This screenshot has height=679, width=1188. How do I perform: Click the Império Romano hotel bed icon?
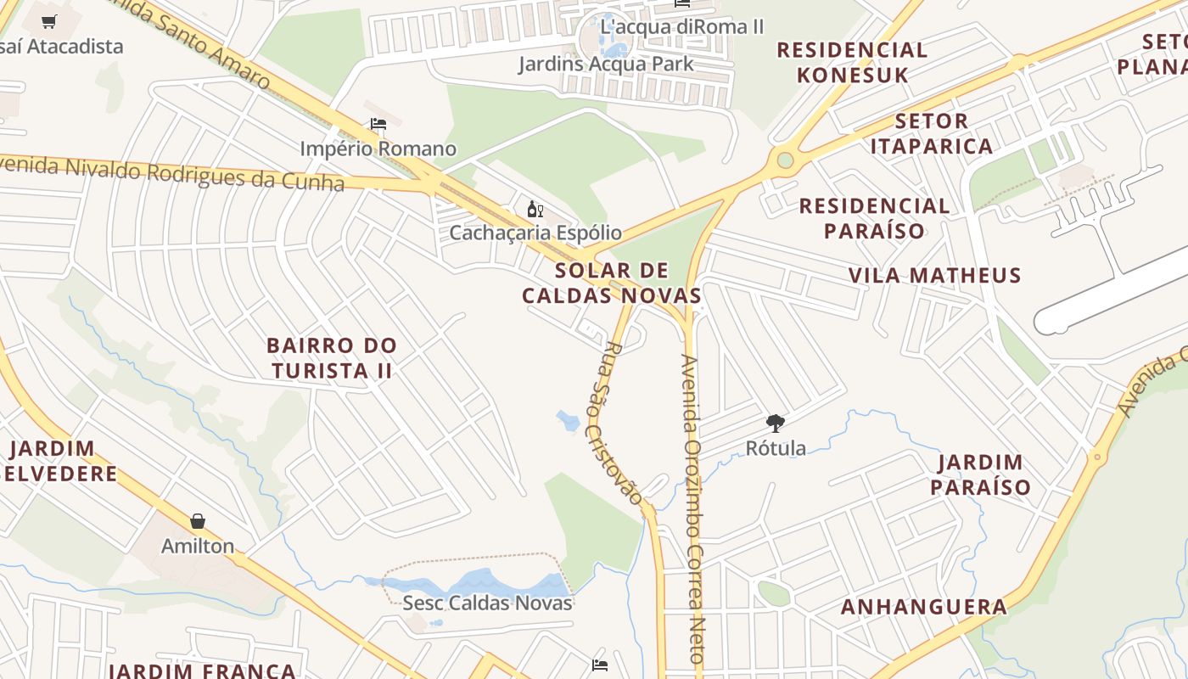click(378, 125)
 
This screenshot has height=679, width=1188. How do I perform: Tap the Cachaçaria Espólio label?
click(535, 233)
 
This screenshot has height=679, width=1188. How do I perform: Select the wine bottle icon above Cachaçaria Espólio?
click(535, 209)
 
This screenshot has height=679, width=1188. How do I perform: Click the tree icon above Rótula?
click(775, 423)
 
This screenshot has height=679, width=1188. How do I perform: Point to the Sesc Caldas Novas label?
click(487, 603)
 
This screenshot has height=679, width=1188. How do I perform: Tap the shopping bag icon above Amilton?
click(198, 521)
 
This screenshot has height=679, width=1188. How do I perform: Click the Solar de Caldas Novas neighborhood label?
click(611, 283)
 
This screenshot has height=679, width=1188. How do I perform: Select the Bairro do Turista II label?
click(331, 358)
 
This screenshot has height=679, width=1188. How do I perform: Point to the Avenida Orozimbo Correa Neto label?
click(692, 509)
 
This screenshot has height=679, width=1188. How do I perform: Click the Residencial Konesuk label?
click(852, 62)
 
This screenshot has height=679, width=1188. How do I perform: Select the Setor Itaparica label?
click(931, 133)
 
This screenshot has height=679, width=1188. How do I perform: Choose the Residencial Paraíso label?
click(874, 218)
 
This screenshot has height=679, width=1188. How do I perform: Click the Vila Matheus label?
click(935, 275)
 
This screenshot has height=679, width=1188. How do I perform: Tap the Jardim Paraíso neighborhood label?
click(980, 475)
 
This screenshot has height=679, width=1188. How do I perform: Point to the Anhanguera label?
click(923, 607)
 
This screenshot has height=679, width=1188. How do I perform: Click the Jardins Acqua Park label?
click(606, 64)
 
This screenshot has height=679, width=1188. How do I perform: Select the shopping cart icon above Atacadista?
click(49, 22)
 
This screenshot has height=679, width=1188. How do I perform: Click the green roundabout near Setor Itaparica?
click(785, 160)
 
